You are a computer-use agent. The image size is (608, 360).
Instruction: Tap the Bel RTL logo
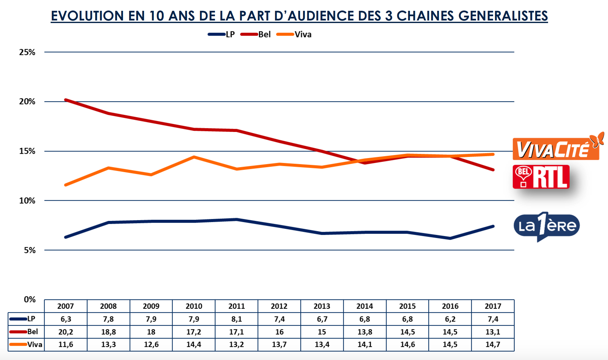click(x=541, y=177)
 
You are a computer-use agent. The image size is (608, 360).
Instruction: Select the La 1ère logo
click(x=546, y=226)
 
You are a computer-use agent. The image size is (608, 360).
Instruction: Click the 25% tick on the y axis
click(x=27, y=52)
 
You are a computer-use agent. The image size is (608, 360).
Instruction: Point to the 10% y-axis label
click(x=27, y=200)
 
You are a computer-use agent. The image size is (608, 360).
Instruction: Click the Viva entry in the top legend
click(x=303, y=34)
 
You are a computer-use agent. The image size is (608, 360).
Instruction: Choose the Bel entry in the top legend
click(x=264, y=34)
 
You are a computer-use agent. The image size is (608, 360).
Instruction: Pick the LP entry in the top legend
click(x=230, y=34)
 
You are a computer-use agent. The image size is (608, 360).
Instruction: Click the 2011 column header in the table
click(x=237, y=306)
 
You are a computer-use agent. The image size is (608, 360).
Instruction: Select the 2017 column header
click(x=493, y=306)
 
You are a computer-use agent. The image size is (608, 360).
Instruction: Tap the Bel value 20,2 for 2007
click(x=66, y=332)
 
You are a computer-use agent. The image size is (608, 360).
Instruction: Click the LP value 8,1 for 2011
click(x=237, y=319)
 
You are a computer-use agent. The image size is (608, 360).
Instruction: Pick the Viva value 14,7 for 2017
click(x=493, y=344)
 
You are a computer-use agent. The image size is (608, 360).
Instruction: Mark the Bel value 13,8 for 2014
click(x=365, y=332)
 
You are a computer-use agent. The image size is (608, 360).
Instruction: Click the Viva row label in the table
click(x=34, y=344)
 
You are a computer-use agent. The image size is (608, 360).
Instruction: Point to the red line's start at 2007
click(x=66, y=100)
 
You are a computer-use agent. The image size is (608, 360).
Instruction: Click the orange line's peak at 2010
click(x=194, y=157)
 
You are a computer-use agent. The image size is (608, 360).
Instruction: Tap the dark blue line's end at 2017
click(x=493, y=226)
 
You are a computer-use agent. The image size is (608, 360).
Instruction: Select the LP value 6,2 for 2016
click(x=450, y=319)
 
